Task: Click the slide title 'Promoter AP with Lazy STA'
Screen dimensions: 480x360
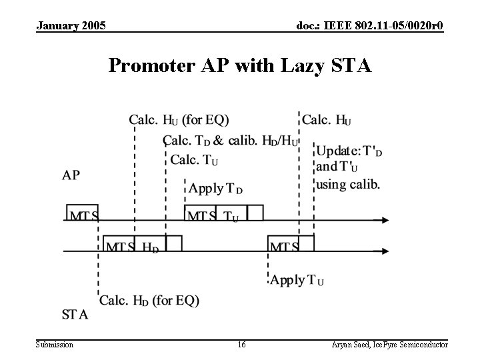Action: tap(240, 66)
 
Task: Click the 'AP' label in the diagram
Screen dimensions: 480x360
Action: tap(71, 175)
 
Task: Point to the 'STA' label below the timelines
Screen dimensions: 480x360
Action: tap(75, 314)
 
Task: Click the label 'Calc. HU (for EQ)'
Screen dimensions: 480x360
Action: tap(179, 120)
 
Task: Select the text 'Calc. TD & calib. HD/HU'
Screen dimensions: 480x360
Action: tap(231, 141)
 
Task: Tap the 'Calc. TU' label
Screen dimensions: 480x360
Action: tap(195, 160)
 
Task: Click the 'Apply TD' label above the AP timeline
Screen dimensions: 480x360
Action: tap(216, 189)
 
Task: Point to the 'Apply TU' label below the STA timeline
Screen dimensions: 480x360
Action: tap(297, 280)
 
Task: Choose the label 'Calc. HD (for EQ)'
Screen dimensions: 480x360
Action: tap(149, 301)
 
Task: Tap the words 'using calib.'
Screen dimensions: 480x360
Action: tap(348, 185)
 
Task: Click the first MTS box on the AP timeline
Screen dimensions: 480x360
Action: tap(83, 213)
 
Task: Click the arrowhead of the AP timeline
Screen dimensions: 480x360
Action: tap(385, 220)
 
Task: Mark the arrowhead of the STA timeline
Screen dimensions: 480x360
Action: tap(385, 251)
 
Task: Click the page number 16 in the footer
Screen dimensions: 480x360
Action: tap(241, 345)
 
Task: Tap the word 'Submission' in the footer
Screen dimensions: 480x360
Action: tap(55, 345)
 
